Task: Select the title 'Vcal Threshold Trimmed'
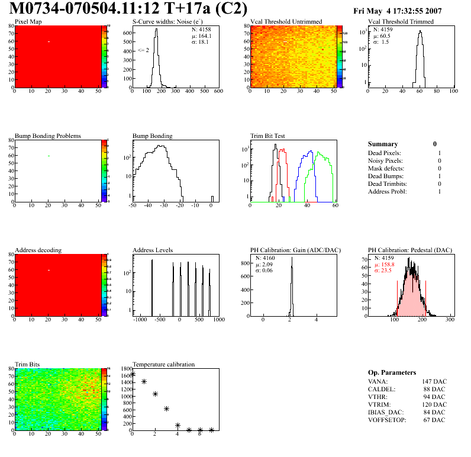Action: coord(401,22)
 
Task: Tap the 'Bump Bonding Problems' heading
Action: coord(48,136)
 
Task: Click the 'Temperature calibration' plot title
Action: coord(163,364)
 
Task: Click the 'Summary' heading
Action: coord(383,144)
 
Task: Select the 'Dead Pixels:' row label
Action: coord(385,153)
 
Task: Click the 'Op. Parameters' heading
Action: coord(392,372)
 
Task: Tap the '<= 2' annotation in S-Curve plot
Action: coord(143,50)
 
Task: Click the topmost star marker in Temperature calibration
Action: coord(133,374)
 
